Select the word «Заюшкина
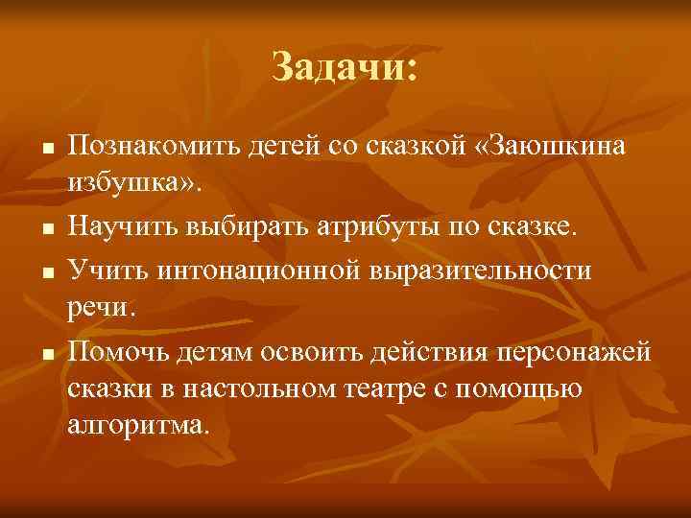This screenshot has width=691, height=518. pyautogui.click(x=546, y=147)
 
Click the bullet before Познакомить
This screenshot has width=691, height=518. pyautogui.click(x=45, y=151)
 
